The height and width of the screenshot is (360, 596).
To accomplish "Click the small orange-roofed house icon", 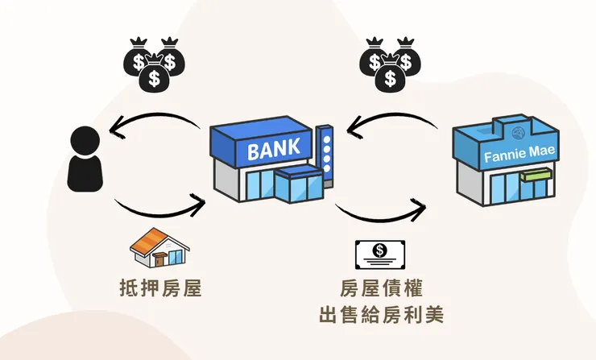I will pyautogui.click(x=159, y=248).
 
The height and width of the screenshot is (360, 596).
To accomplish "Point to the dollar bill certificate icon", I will pyautogui.click(x=380, y=254).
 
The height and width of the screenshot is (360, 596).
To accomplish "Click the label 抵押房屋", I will pyautogui.click(x=158, y=287).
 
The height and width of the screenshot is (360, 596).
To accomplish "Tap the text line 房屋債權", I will pyautogui.click(x=380, y=288).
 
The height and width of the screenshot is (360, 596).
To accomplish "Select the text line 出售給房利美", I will pyautogui.click(x=380, y=314).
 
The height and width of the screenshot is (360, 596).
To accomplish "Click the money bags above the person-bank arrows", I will pyautogui.click(x=154, y=61).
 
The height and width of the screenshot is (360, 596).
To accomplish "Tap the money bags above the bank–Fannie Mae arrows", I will pyautogui.click(x=390, y=61).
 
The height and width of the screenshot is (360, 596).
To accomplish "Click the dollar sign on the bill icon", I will pyautogui.click(x=379, y=251).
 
